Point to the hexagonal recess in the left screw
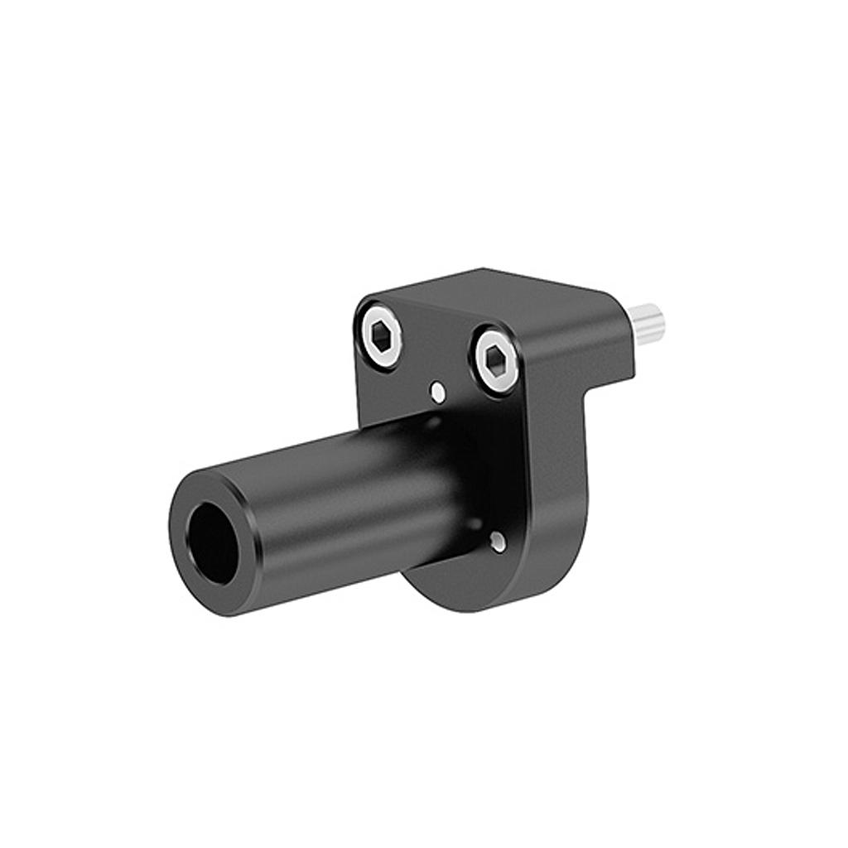click(381, 335)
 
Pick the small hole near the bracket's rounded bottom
click(497, 542)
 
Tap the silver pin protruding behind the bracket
click(646, 324)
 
